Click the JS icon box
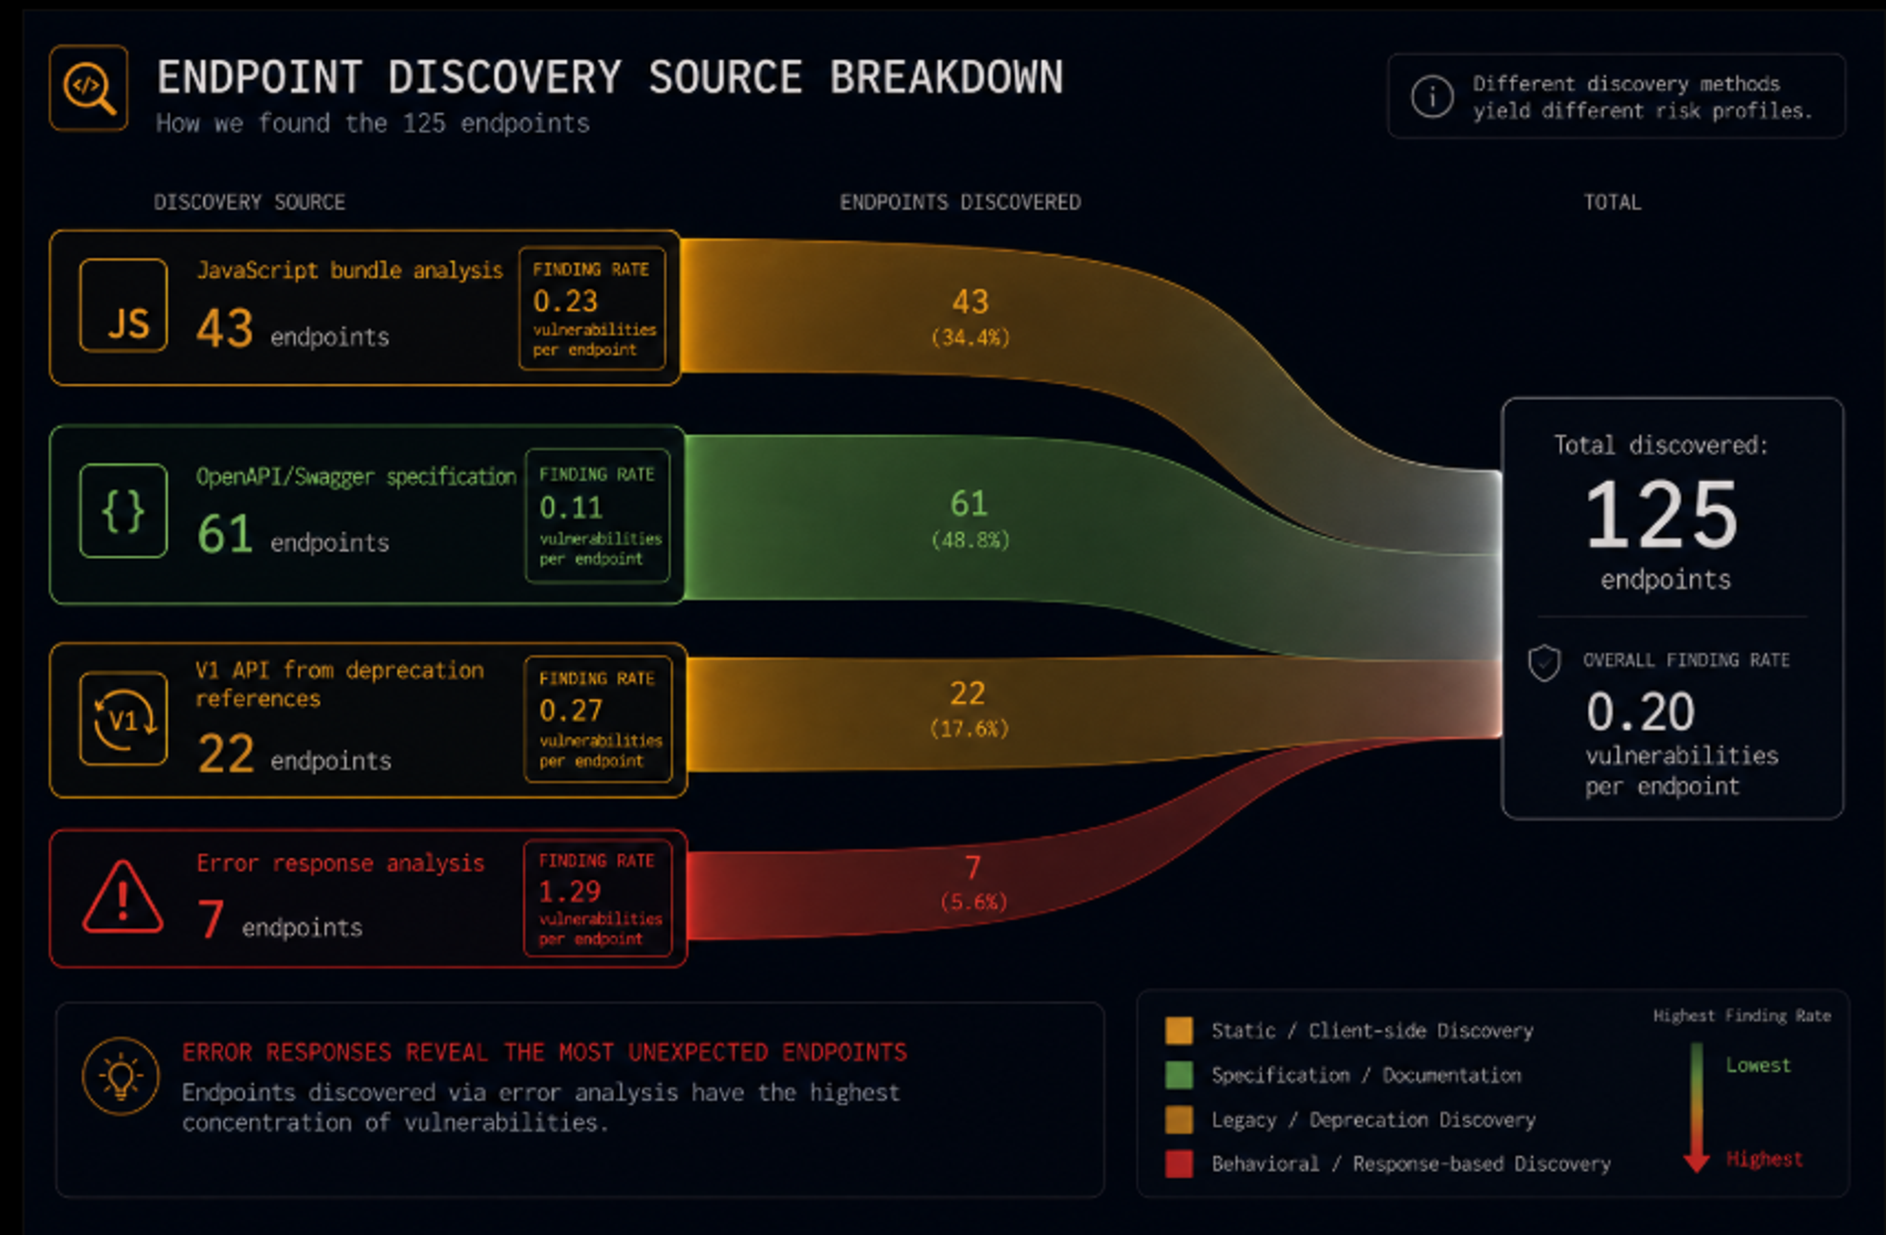point(124,305)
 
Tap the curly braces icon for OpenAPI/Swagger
point(124,511)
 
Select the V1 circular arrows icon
point(124,718)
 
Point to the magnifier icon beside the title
point(89,88)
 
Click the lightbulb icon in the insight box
point(120,1076)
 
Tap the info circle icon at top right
point(1432,97)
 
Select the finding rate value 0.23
point(565,301)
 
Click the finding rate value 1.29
point(570,892)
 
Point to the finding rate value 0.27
point(571,711)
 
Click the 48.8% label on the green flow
point(970,540)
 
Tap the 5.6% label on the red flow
point(973,902)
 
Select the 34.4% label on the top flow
point(970,337)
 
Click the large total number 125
point(1662,515)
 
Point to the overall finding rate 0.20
point(1640,712)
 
